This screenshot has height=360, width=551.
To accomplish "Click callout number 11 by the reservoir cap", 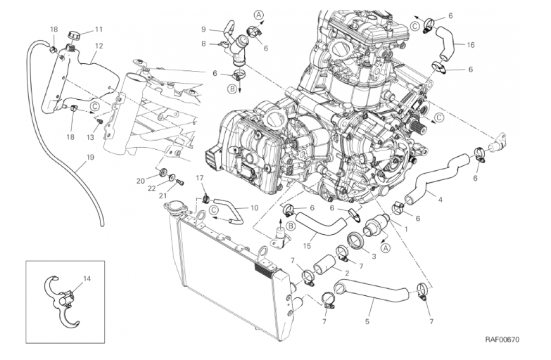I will tap(99, 30).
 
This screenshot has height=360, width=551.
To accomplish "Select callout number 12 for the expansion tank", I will tap(99, 46).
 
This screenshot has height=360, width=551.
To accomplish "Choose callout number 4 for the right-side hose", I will tap(440, 199).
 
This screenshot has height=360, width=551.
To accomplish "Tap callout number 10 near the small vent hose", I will tap(255, 207).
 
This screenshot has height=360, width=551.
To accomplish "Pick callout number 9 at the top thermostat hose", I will tap(203, 30).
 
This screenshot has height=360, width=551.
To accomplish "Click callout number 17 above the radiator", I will tap(199, 178).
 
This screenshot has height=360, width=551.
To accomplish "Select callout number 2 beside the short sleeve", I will tap(347, 273).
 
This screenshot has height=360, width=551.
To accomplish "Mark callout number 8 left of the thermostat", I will tap(203, 44).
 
